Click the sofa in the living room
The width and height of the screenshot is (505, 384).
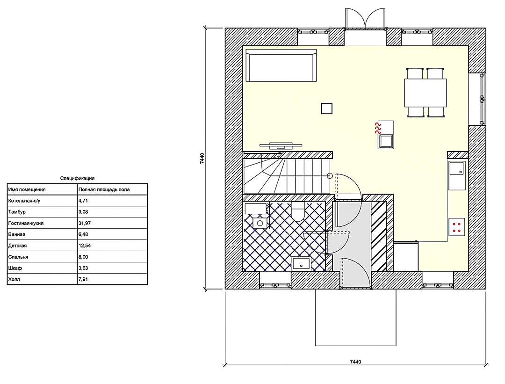(x=281, y=65)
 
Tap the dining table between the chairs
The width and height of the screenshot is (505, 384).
(x=426, y=93)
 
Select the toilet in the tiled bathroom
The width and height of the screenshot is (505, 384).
(x=298, y=211)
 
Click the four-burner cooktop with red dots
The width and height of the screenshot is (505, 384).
(x=457, y=227)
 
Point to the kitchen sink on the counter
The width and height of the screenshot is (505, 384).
(x=457, y=168)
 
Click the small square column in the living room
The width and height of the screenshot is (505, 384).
(x=326, y=109)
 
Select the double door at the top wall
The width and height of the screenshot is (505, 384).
(x=365, y=19)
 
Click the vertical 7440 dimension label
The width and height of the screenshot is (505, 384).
(x=202, y=159)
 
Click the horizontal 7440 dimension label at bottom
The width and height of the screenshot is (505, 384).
(x=355, y=362)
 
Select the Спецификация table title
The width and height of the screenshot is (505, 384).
(x=77, y=178)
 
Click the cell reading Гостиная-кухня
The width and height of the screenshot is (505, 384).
(x=26, y=223)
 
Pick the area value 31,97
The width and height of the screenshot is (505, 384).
(x=84, y=223)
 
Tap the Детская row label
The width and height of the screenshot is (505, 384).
(x=17, y=246)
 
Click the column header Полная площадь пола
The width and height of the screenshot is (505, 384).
(x=104, y=189)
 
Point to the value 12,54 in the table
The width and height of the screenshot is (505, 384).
(x=84, y=246)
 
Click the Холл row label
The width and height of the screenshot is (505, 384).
(x=14, y=279)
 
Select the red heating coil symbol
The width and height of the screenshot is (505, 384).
(x=378, y=128)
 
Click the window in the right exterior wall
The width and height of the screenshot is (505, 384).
(x=482, y=99)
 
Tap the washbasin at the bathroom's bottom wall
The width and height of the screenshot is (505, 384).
(x=302, y=263)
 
